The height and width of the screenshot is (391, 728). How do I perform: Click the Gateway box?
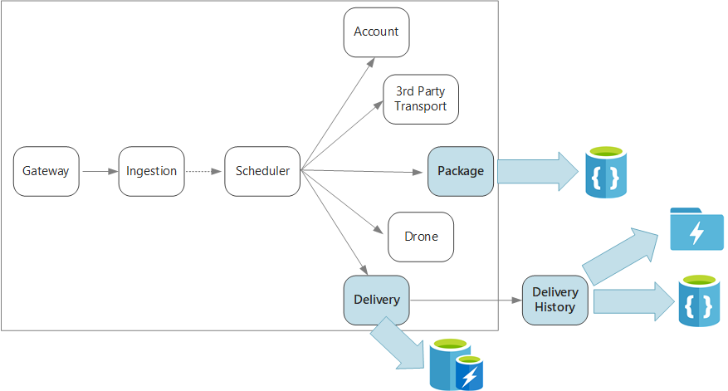tap(46, 172)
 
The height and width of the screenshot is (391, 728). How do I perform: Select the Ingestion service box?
tap(151, 172)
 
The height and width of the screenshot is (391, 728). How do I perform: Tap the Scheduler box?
tap(262, 172)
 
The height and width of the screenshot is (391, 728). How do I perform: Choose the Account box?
tap(376, 32)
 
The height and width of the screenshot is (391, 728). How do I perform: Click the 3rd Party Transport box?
tap(420, 100)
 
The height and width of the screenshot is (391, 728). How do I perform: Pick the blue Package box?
tap(461, 172)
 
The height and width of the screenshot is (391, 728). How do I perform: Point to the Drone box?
tap(421, 237)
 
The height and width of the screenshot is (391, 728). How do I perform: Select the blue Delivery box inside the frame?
tap(376, 300)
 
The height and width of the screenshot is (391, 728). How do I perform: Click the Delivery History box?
tap(555, 300)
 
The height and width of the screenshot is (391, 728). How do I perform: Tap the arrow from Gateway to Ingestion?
tap(100, 172)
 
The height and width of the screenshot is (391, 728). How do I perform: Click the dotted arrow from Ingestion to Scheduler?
tap(203, 172)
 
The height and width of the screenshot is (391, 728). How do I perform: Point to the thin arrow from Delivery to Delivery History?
tap(465, 300)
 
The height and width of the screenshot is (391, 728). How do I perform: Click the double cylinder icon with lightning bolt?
tap(455, 364)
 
